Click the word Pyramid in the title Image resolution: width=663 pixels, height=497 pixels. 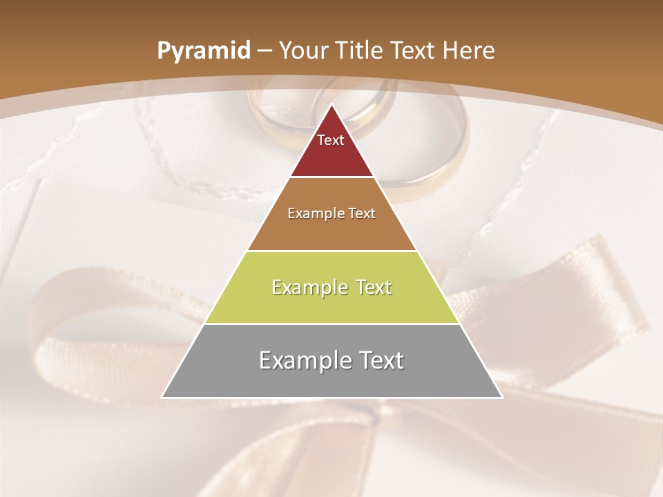pyautogui.click(x=203, y=51)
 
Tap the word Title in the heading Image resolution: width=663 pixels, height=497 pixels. pyautogui.click(x=361, y=50)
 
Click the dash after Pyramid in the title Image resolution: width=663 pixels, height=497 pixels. pyautogui.click(x=265, y=51)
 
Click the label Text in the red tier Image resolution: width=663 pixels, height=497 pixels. pyautogui.click(x=331, y=140)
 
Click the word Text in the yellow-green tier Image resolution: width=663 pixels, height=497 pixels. pyautogui.click(x=374, y=287)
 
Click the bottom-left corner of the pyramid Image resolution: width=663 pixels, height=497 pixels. pyautogui.click(x=162, y=397)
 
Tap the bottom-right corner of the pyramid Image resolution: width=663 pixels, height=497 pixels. pyautogui.click(x=501, y=397)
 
